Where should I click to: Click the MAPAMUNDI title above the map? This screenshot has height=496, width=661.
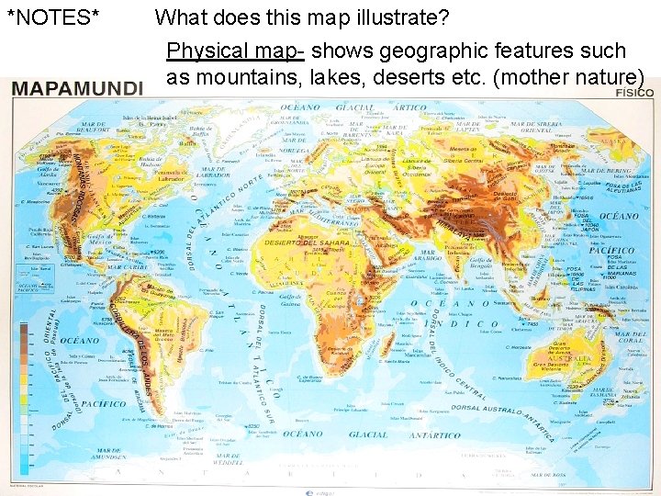(x=77, y=88)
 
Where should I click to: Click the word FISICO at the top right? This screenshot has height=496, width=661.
(x=634, y=93)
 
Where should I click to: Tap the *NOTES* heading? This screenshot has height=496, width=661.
(x=53, y=17)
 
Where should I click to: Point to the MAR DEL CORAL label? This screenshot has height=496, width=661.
(x=630, y=336)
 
